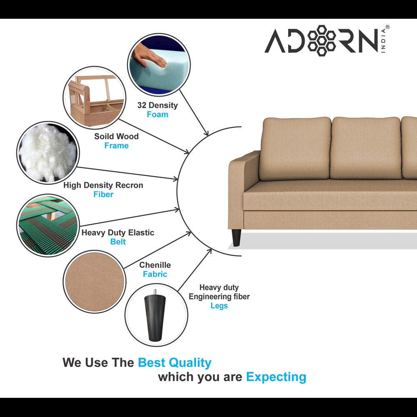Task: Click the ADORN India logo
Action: point(327,40)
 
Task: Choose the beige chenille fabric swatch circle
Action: point(94,281)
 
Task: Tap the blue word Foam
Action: point(158,114)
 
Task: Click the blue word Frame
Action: point(116,146)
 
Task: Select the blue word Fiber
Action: point(103,194)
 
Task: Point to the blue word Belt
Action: point(118,242)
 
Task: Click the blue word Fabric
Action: point(155,274)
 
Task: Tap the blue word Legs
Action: point(219,306)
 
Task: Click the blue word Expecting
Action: point(276,377)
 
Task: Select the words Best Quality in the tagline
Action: point(175,362)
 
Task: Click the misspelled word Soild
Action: point(104,136)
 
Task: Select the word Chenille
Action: point(155,265)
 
